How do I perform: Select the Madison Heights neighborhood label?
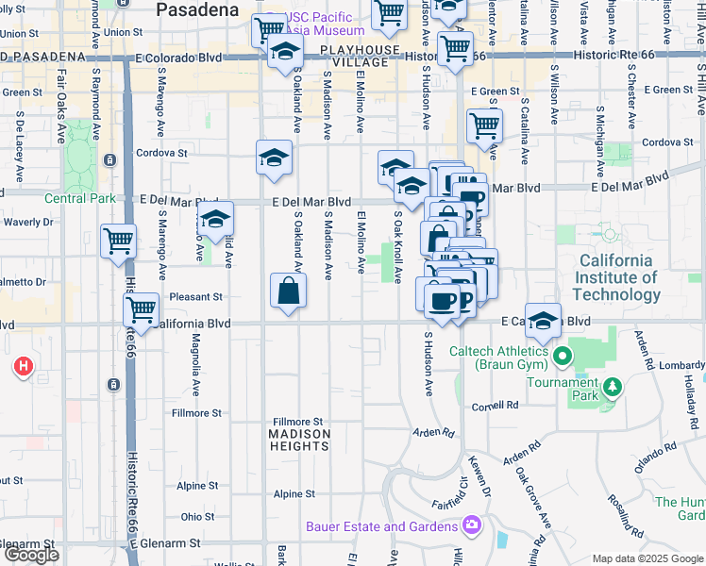[x=299, y=441]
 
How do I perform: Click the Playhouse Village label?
[x=354, y=56]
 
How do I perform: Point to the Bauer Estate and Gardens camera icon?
[x=470, y=525]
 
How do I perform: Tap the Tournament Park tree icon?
[x=613, y=387]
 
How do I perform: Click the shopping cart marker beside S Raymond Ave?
[x=118, y=241]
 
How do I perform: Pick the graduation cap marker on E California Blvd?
[x=543, y=321]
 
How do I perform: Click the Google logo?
[x=31, y=555]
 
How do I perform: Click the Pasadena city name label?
[x=196, y=10]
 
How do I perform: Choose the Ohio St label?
[x=197, y=517]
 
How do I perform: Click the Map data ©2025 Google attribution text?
[x=647, y=558]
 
